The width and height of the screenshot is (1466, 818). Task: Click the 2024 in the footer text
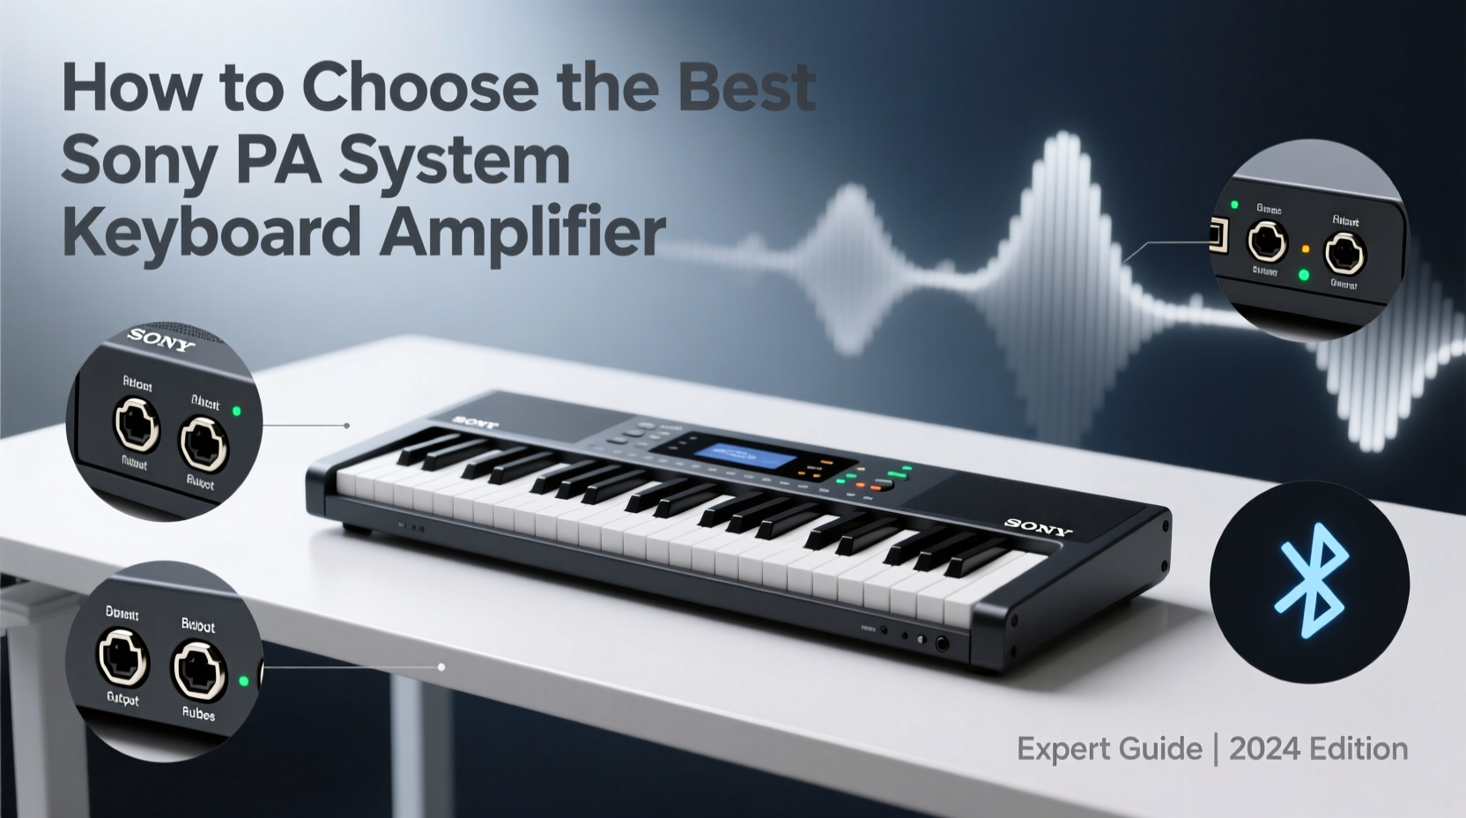1265,749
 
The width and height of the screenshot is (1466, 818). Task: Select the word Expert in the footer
1064,749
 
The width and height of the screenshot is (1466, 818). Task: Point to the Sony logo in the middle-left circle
161,339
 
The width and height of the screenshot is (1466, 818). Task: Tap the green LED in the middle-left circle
236,411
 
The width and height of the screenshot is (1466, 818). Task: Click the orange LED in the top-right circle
1306,249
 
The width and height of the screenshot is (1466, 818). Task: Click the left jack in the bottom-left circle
122,657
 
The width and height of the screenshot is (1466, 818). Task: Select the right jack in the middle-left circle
204,441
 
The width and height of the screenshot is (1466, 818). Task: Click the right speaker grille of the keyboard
996,502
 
